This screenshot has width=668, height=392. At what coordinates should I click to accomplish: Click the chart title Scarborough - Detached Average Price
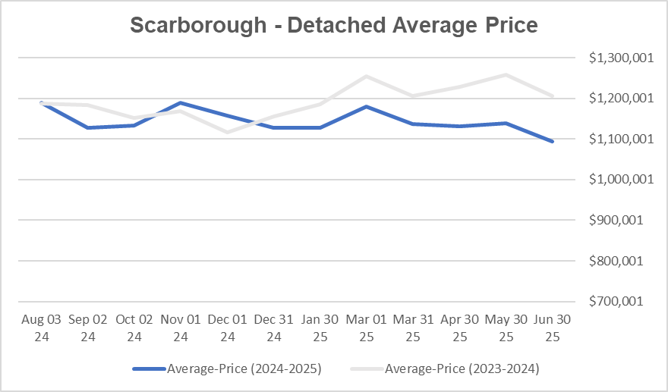[x=333, y=25]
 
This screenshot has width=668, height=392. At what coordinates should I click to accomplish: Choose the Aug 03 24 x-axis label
[x=41, y=328]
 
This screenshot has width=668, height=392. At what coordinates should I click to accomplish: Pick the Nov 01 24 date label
[x=180, y=328]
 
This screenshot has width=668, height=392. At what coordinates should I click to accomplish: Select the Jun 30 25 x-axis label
[x=553, y=328]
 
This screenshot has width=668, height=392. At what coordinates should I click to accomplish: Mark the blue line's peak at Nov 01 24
[x=180, y=102]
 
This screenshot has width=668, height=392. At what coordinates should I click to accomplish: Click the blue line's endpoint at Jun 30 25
[x=553, y=141]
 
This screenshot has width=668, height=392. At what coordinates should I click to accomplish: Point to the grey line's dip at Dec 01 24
[x=227, y=132]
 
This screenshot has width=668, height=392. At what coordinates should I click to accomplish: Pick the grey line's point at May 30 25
[x=506, y=74]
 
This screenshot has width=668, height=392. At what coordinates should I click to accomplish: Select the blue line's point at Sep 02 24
[x=87, y=127]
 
